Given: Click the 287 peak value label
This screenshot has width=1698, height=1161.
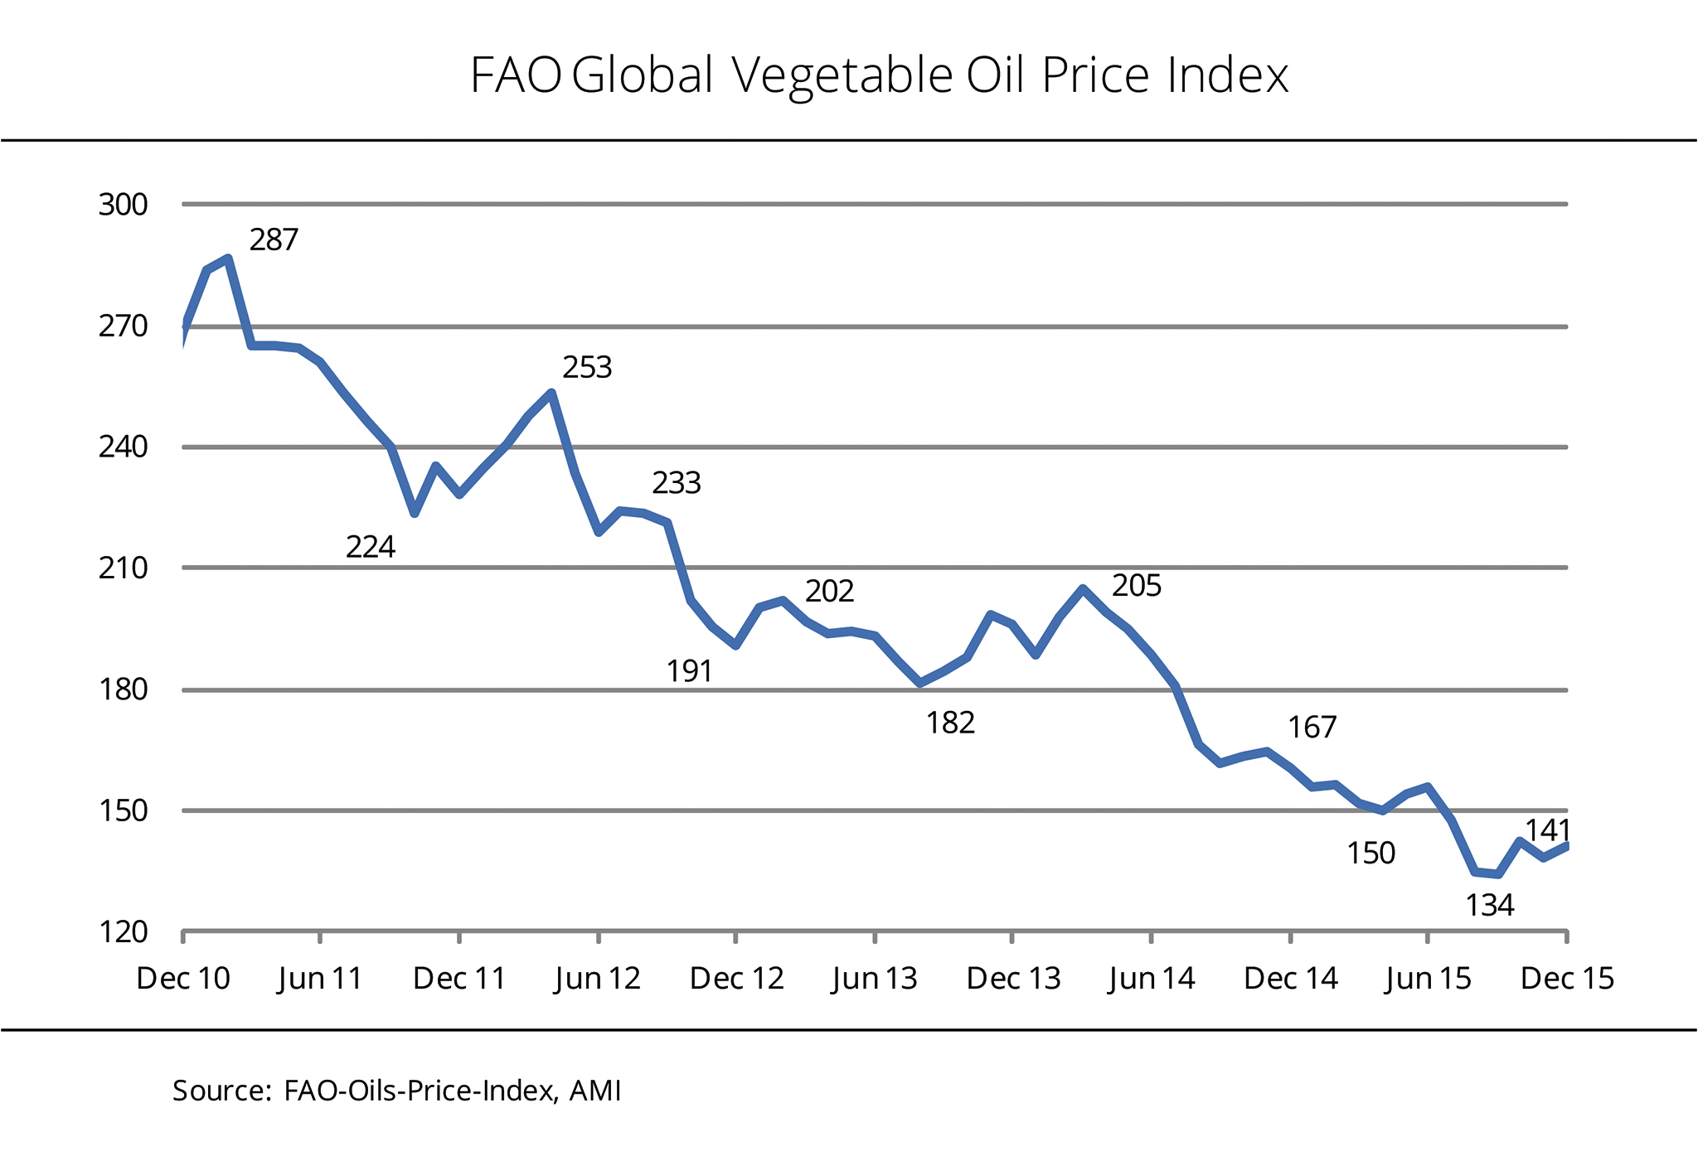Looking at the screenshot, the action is coord(274,240).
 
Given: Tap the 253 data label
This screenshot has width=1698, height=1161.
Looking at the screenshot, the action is coord(587,367).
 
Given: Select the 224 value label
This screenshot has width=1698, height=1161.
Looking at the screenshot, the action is coord(371,547).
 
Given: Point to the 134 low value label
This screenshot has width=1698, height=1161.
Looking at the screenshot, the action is coord(1490,906).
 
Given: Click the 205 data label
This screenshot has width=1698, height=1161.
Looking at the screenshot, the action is coord(1137,586).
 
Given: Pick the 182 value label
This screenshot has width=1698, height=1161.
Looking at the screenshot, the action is coord(950,723).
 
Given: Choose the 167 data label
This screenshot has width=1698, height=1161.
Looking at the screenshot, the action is coord(1312,728).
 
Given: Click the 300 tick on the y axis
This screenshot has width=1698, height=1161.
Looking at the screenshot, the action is coord(123,205).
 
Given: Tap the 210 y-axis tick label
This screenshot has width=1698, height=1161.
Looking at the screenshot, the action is coord(123,568).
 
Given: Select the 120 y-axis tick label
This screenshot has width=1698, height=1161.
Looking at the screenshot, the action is coord(124,932).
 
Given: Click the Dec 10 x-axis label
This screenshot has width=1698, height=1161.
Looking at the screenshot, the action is coord(183,979).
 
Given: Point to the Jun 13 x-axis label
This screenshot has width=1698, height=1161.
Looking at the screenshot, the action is coord(875,979).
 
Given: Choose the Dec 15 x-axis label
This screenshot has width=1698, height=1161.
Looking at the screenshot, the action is coord(1567,979).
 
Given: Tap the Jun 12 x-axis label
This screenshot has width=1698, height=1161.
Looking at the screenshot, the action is coord(598,979).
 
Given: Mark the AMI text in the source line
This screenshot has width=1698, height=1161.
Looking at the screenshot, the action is coord(595,1091).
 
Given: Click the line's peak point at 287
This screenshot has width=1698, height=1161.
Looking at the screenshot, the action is coord(228,258).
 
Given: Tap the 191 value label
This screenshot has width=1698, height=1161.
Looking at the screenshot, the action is coord(690,671).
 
